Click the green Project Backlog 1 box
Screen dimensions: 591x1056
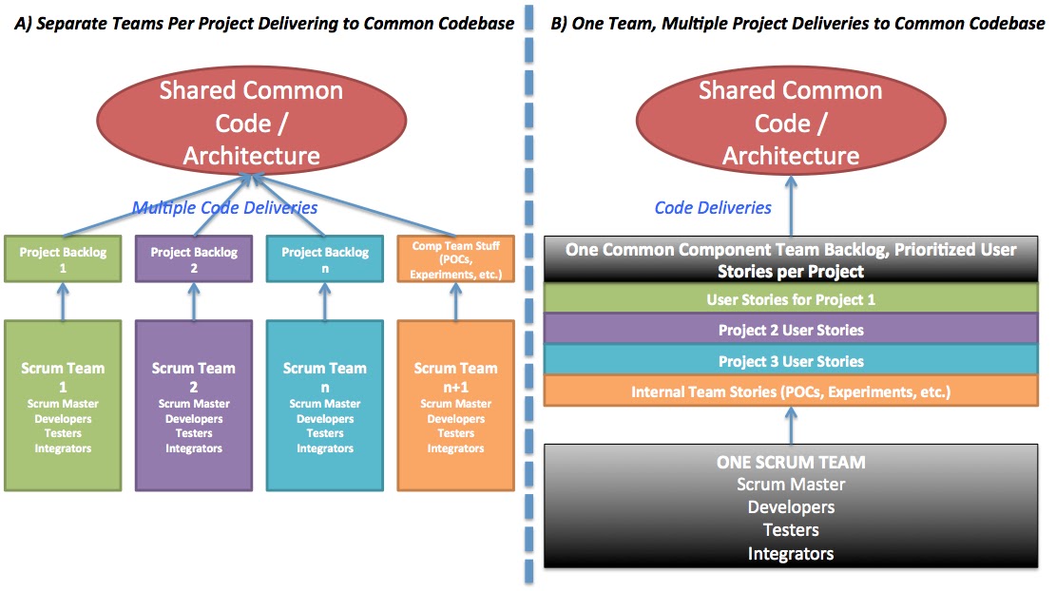[x=64, y=259]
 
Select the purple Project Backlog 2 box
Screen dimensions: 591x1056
[x=194, y=259]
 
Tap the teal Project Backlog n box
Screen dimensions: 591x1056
[x=324, y=259]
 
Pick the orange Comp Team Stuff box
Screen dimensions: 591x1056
[x=455, y=259]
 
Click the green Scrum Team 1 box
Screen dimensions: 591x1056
[x=64, y=406]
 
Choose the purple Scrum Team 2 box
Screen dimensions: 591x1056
[x=194, y=406]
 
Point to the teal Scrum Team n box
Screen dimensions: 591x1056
[x=324, y=406]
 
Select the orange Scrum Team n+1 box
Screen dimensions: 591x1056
[x=455, y=406]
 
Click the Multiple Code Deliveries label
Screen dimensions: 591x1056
[x=224, y=207]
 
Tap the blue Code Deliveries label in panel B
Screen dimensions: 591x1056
[x=713, y=207]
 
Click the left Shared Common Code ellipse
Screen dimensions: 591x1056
[x=251, y=123]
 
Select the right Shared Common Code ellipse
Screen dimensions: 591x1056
[x=791, y=123]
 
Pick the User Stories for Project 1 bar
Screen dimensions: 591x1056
[x=791, y=299]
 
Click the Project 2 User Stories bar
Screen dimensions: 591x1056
[x=791, y=330]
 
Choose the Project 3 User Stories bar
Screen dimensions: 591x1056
[x=791, y=361]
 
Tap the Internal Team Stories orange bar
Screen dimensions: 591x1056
[x=791, y=391]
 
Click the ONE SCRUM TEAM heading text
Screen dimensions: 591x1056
[x=791, y=463]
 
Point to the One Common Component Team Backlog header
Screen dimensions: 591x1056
[x=791, y=258]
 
